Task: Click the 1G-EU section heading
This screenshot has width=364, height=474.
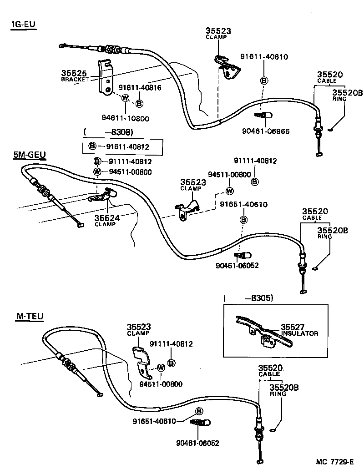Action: (x=24, y=25)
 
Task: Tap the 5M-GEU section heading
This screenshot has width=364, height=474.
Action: (x=30, y=155)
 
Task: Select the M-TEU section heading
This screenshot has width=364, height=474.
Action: (x=30, y=316)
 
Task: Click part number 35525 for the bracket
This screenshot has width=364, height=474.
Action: (x=74, y=73)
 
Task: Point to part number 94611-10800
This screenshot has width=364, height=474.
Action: (x=126, y=118)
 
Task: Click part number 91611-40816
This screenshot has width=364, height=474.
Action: (x=140, y=88)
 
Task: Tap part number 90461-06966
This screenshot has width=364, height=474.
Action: (x=266, y=131)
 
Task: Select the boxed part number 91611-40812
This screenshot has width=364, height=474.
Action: (x=127, y=147)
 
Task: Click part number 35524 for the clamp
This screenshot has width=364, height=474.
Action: (x=107, y=218)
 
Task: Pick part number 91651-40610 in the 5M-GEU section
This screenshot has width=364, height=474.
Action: (x=244, y=205)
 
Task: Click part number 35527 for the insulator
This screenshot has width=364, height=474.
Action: (x=293, y=327)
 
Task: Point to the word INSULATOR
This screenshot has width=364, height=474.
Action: (x=300, y=333)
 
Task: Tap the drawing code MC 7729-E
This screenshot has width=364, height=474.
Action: (x=335, y=462)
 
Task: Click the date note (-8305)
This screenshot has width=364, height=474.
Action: (x=248, y=298)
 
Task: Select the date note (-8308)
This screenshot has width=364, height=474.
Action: (x=108, y=132)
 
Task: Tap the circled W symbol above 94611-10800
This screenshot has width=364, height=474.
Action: (x=125, y=98)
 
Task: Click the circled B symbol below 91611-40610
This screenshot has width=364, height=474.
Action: (x=264, y=81)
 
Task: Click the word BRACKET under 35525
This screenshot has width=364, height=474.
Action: (x=75, y=80)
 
